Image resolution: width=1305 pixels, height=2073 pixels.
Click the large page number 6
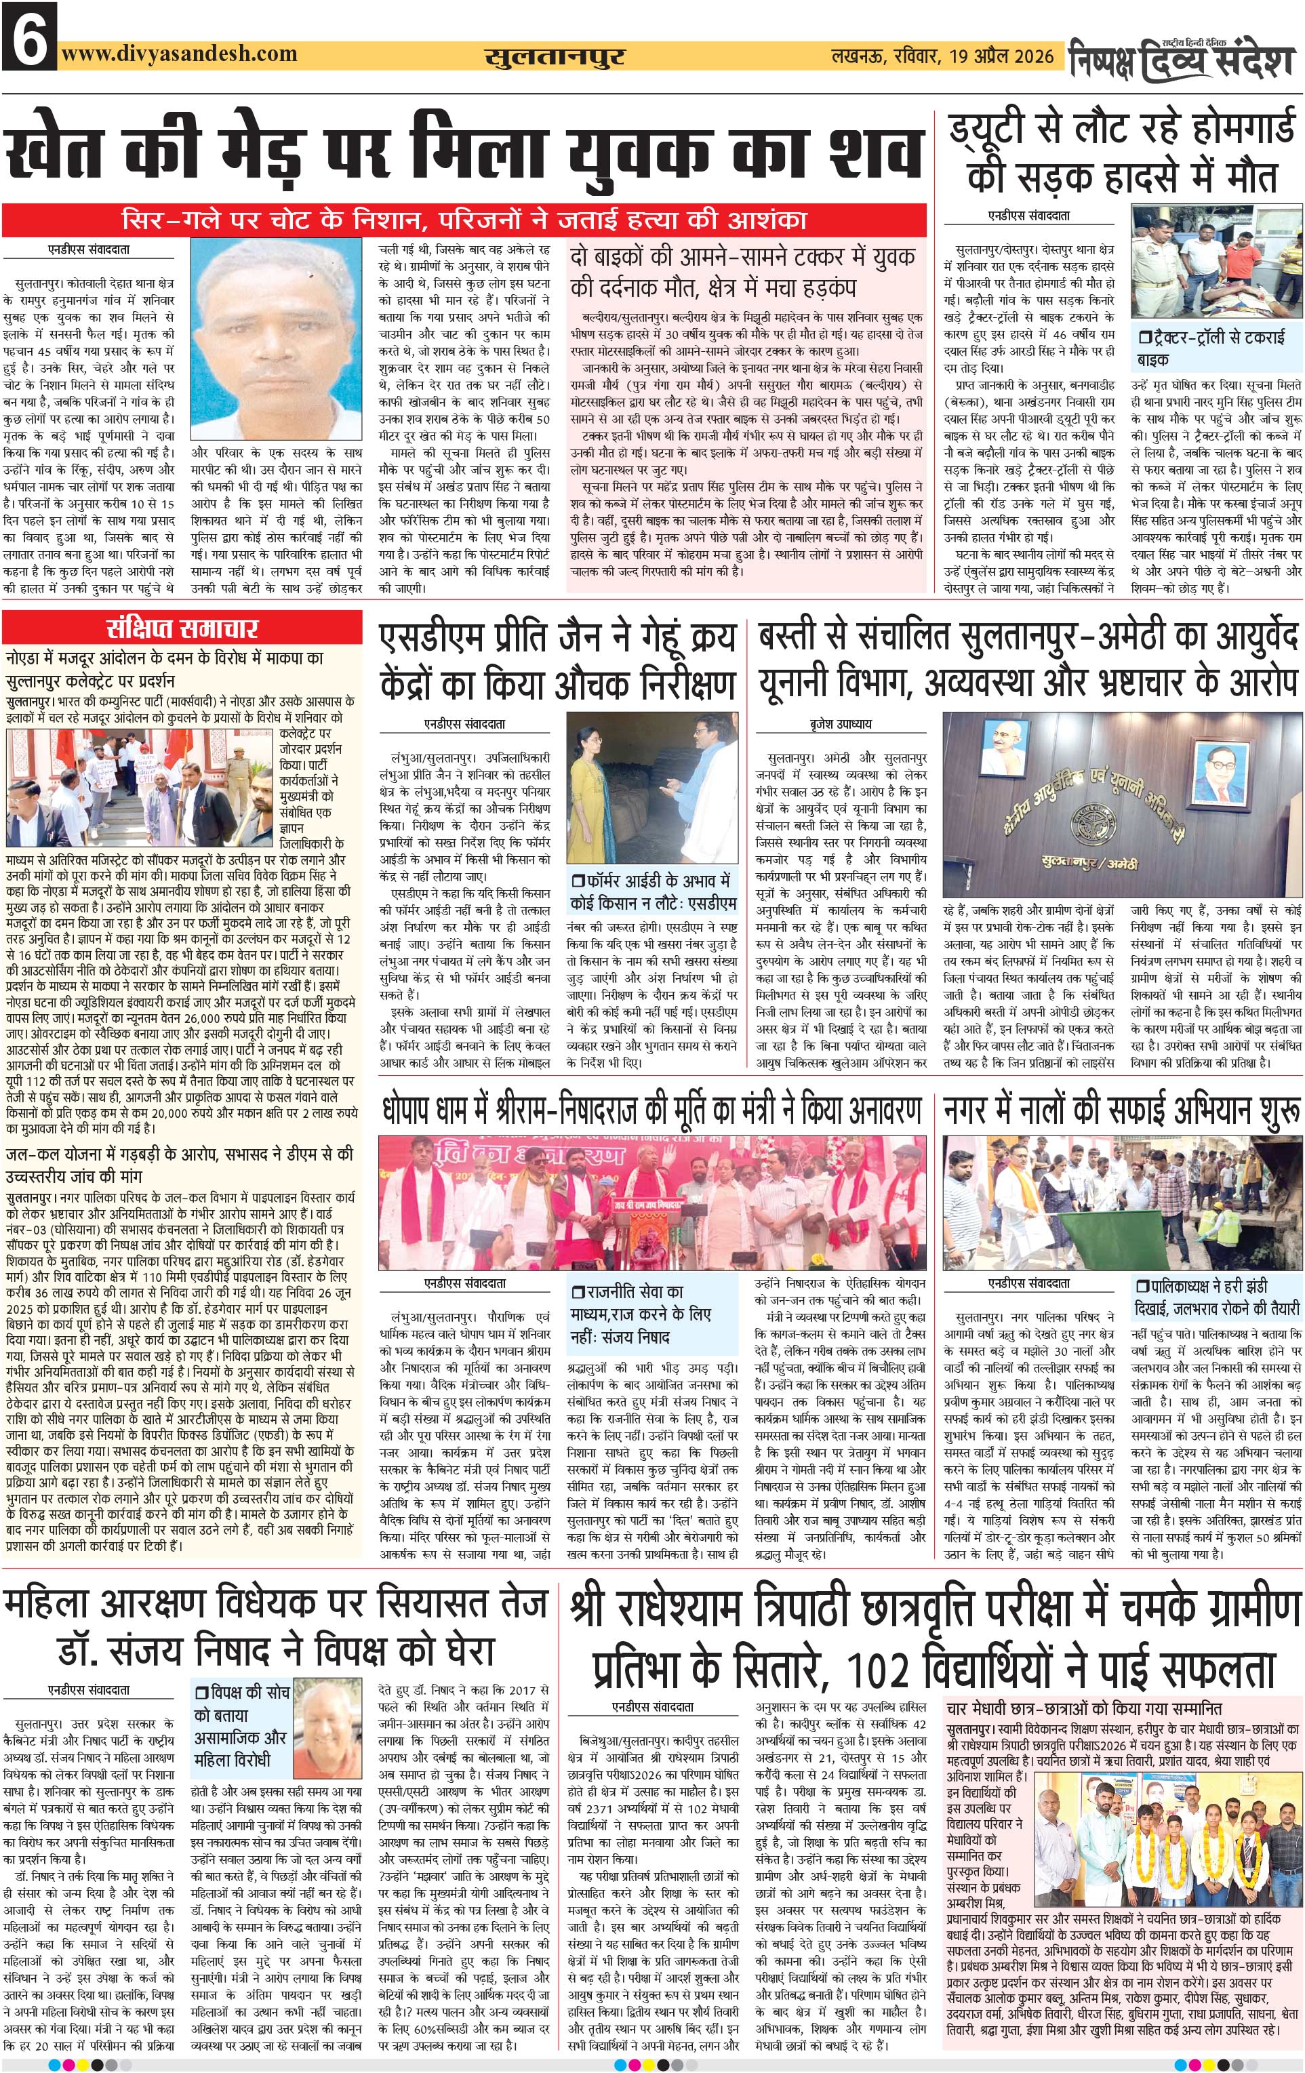pos(29,36)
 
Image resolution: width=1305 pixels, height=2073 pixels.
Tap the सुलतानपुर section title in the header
pos(555,57)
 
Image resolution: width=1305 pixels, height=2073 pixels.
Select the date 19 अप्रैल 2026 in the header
pos(1002,57)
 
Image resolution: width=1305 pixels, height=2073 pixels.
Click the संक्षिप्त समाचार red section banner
pos(182,627)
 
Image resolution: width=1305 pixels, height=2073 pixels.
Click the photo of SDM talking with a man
pos(651,787)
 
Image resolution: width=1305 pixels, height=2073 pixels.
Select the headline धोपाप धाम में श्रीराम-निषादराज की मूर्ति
pos(650,1110)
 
